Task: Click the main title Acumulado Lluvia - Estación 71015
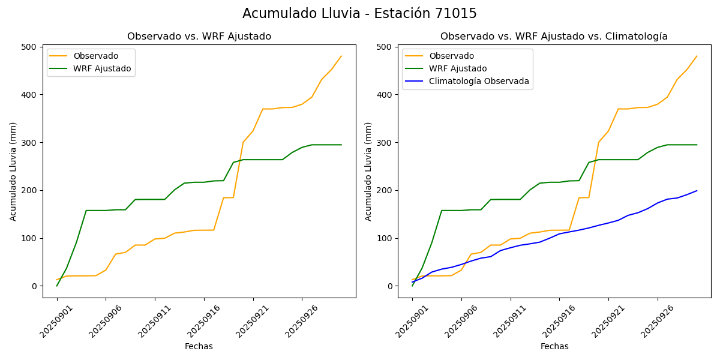coord(359,14)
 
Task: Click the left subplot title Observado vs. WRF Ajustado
coord(199,37)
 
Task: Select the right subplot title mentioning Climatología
coord(554,37)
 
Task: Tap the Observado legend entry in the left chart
coord(95,56)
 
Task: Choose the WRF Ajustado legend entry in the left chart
coord(102,68)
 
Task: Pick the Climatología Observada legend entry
coord(479,82)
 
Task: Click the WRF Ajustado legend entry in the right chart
coord(457,68)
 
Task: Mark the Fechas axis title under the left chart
coord(199,346)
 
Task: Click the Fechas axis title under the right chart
coord(554,346)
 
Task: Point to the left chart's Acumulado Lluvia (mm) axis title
coord(13,171)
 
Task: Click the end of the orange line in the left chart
coord(341,56)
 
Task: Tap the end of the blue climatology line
coord(697,191)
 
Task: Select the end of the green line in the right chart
coord(697,145)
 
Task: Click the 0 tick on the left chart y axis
coord(35,286)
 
